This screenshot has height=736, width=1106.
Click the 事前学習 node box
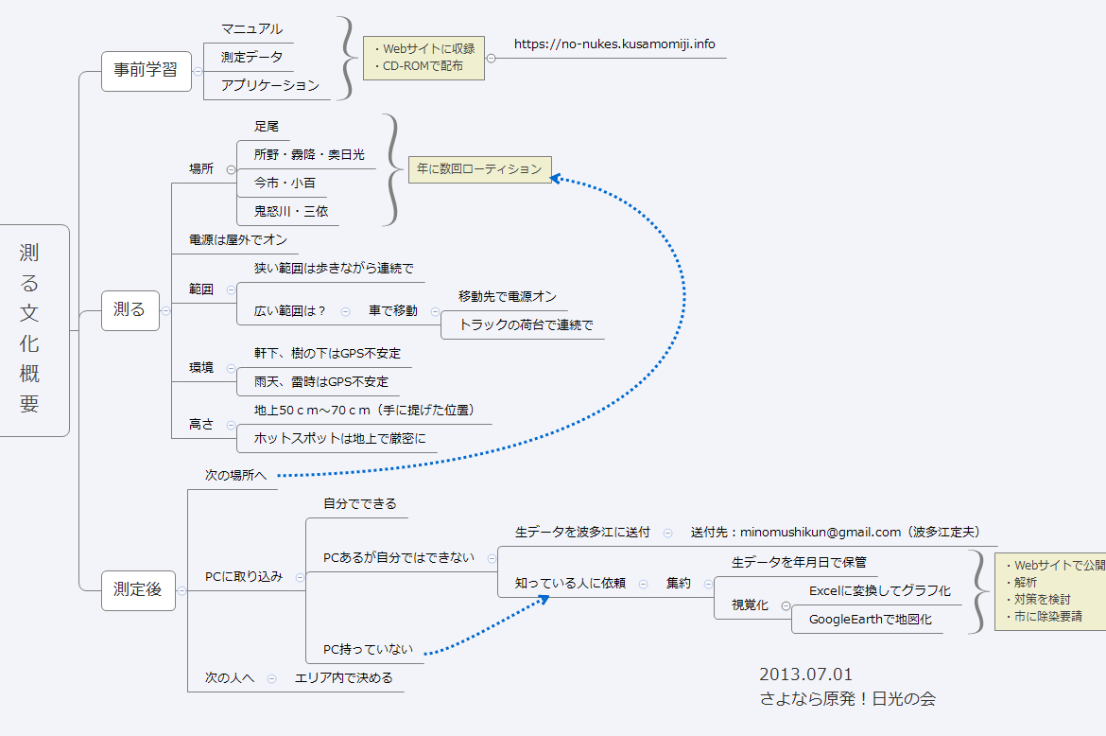pos(146,71)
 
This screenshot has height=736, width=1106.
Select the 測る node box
pos(130,309)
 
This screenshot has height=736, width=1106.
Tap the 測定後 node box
pos(138,590)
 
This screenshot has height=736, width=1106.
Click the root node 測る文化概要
pos(32,330)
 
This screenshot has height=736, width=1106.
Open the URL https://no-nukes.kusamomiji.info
pos(614,44)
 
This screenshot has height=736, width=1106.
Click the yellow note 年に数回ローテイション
pos(479,169)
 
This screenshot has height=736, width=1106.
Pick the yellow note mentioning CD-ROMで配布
pos(423,58)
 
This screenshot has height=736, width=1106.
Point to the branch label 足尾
pos(267,127)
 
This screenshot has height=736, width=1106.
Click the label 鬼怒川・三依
pos(290,211)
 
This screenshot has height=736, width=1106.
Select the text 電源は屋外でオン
pos(237,240)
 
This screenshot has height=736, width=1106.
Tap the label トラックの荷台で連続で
pos(526,324)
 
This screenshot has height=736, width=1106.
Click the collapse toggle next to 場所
pos(231,169)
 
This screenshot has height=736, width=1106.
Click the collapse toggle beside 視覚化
pos(786,605)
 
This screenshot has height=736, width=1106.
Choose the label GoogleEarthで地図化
pos(871,620)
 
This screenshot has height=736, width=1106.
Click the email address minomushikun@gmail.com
pos(821,532)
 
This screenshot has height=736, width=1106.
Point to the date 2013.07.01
pos(805,675)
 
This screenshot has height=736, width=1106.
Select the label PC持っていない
pos(368,649)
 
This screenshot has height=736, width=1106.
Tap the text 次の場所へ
pos(235,476)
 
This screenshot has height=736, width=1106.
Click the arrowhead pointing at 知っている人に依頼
pos(544,599)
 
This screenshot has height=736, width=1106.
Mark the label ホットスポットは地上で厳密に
pos(340,438)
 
